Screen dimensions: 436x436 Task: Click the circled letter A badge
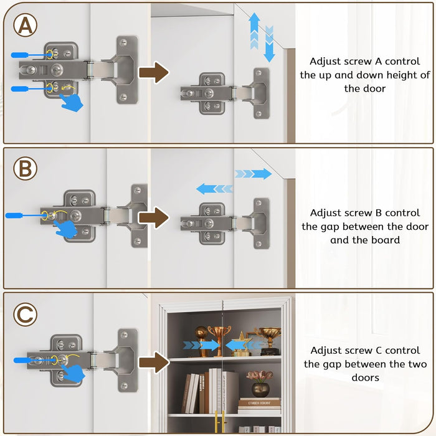[26, 26]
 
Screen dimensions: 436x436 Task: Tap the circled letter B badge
[25, 169]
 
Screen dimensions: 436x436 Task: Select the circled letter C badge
[26, 315]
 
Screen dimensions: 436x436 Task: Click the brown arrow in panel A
[154, 72]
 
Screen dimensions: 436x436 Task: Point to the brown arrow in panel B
[153, 218]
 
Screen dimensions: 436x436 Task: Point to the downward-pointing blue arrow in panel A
[269, 44]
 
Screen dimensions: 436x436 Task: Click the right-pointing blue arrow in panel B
[254, 174]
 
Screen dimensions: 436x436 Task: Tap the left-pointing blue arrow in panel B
[214, 188]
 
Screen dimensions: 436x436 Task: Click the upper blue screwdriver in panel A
[31, 55]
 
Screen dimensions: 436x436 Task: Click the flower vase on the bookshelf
[260, 384]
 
